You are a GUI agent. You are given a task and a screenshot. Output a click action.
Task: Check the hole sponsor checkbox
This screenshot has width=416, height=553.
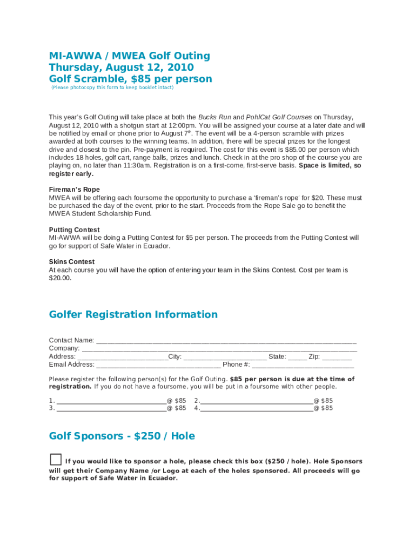56,460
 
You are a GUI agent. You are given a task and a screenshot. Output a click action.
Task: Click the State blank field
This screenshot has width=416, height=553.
297,358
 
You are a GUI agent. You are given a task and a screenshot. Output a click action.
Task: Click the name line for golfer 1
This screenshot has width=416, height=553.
111,401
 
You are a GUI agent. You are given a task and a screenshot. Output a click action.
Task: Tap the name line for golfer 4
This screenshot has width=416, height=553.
257,409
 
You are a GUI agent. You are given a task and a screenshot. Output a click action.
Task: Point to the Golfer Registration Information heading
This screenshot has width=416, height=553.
133,314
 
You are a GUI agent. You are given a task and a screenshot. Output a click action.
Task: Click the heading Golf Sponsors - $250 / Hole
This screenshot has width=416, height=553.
122,436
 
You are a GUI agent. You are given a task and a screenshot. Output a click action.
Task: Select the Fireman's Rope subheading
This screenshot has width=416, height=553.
75,190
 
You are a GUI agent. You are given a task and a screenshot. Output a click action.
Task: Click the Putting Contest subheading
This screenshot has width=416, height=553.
75,230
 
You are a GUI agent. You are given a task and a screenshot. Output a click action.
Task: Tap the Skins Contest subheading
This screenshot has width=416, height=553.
72,262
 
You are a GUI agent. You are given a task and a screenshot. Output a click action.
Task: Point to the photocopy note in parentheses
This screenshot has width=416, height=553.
112,87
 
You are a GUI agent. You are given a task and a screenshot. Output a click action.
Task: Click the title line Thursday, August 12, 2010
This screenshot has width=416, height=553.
121,68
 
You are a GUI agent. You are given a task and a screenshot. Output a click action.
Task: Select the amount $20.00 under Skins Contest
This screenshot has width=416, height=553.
60,278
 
